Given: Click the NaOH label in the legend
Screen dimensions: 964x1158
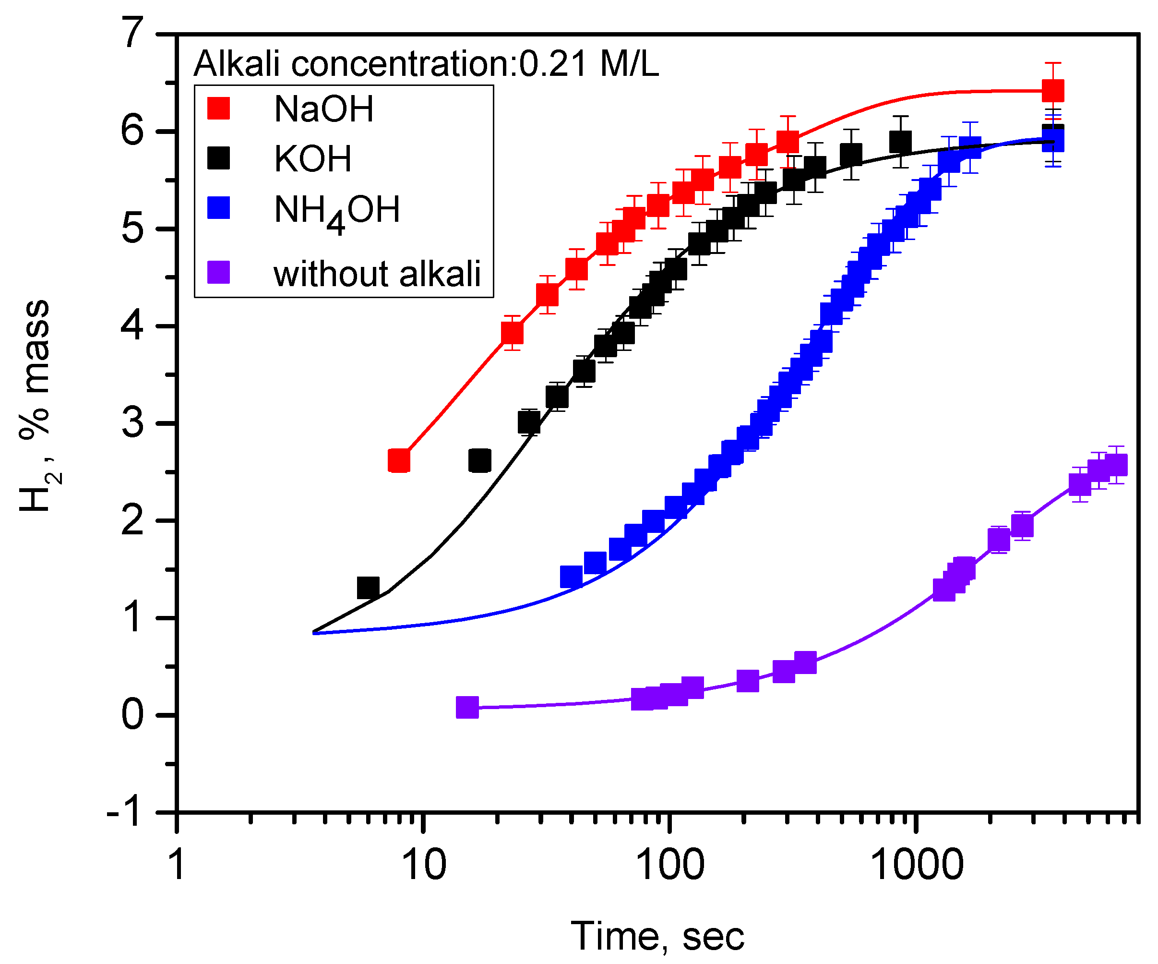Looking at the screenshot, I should [323, 108].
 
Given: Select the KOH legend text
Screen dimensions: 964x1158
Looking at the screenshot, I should [313, 159].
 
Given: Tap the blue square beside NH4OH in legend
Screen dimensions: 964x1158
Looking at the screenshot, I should [218, 208].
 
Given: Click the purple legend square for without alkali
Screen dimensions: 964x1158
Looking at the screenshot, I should [218, 272].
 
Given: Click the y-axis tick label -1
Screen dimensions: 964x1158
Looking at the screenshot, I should [124, 812].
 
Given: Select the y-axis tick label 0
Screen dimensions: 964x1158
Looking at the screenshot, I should [132, 715].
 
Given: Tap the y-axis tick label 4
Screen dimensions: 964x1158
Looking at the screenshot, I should [132, 326].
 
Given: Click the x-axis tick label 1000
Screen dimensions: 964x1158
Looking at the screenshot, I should [916, 865].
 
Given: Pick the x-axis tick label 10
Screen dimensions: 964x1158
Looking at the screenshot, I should [423, 865].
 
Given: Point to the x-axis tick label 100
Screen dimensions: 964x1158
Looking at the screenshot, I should [669, 865].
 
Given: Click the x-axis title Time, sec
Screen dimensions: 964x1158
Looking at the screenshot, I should [657, 936].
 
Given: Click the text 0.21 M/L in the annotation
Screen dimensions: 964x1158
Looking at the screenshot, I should [588, 64].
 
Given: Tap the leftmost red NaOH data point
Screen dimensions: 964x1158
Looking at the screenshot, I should [399, 460].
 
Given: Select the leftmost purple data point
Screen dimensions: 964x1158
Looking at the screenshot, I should [467, 707].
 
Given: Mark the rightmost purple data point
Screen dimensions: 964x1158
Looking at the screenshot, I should [1116, 465].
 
